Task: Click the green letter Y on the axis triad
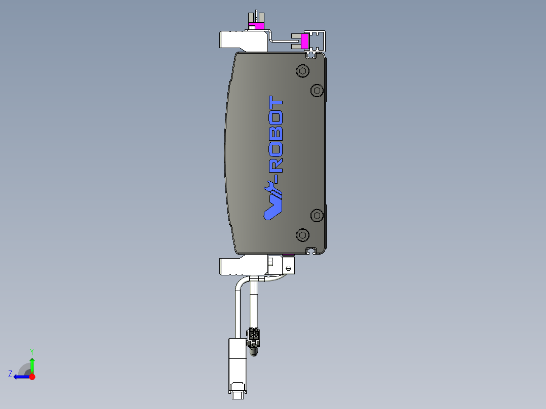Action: [32, 351]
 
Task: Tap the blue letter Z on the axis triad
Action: [10, 374]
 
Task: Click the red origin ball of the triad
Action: [32, 377]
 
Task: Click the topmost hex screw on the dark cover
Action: [303, 71]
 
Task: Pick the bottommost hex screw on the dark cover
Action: [303, 234]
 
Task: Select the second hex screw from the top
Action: [317, 90]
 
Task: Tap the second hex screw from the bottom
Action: [317, 215]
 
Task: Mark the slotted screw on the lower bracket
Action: [289, 267]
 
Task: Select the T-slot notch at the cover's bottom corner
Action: [311, 250]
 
